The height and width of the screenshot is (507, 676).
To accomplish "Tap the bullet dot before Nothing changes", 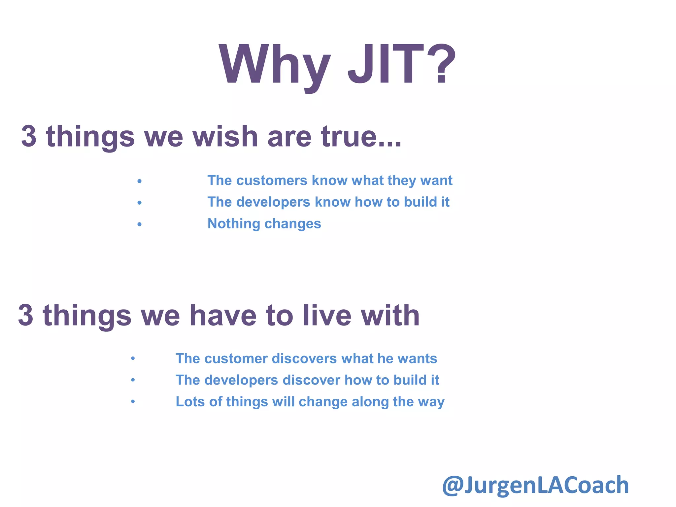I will point(140,224).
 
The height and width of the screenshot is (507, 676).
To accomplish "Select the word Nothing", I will point(233,224).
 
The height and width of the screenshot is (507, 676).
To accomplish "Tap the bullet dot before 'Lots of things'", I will point(133,402).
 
